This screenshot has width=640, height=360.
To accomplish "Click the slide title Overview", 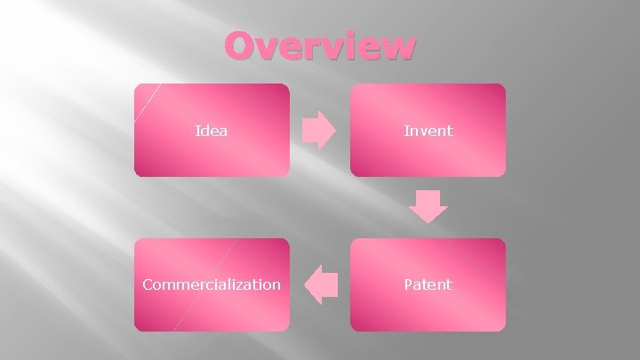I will pos(319,46).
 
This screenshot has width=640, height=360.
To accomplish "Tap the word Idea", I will pos(212,131).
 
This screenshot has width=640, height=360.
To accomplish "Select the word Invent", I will pos(428,131).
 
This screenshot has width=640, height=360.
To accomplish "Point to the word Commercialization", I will pos(212,284).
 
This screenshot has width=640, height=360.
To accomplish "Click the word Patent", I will pos(428,284).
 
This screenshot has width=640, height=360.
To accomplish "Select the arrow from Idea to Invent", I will pos(319,131).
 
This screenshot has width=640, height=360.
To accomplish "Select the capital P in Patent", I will pos(408,284).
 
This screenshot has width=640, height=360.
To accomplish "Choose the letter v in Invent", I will pos(420,132).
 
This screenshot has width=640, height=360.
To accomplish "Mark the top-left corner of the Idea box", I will pos(135,85).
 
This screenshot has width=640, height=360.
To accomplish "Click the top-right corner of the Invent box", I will pos(504,85).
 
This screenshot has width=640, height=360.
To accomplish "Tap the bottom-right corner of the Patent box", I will pos(504,330).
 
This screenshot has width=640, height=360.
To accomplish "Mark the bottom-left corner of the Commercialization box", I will pos(135,330).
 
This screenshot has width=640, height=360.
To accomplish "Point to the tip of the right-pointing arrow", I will pos(336,131).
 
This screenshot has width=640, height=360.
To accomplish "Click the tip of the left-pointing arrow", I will pos(305,284).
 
